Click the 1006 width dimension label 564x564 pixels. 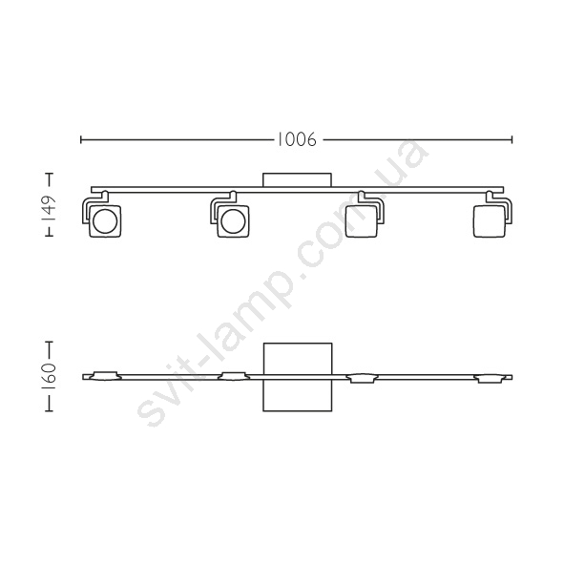(x=297, y=139)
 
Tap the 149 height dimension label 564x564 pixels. (x=49, y=208)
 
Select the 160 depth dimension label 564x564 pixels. (x=49, y=376)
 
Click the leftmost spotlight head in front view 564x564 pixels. (x=105, y=221)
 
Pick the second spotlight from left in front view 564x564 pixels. (x=233, y=221)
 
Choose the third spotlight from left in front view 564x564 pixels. (x=362, y=221)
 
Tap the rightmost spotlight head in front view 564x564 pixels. (x=490, y=221)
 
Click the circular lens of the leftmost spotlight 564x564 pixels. (x=105, y=221)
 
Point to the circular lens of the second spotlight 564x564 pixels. (x=233, y=221)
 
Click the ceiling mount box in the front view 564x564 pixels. (x=297, y=179)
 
